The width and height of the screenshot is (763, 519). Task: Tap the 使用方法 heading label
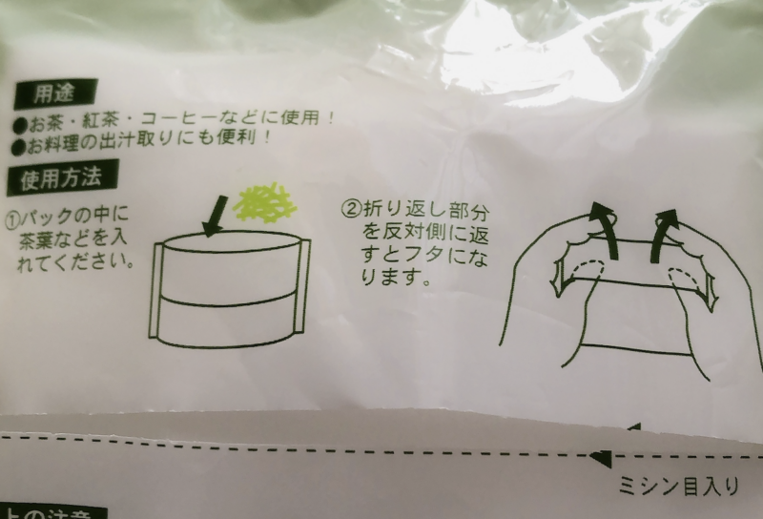tap(61, 177)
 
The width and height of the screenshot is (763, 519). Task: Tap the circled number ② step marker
tap(349, 207)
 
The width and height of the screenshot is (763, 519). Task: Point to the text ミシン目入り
tap(678, 488)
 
